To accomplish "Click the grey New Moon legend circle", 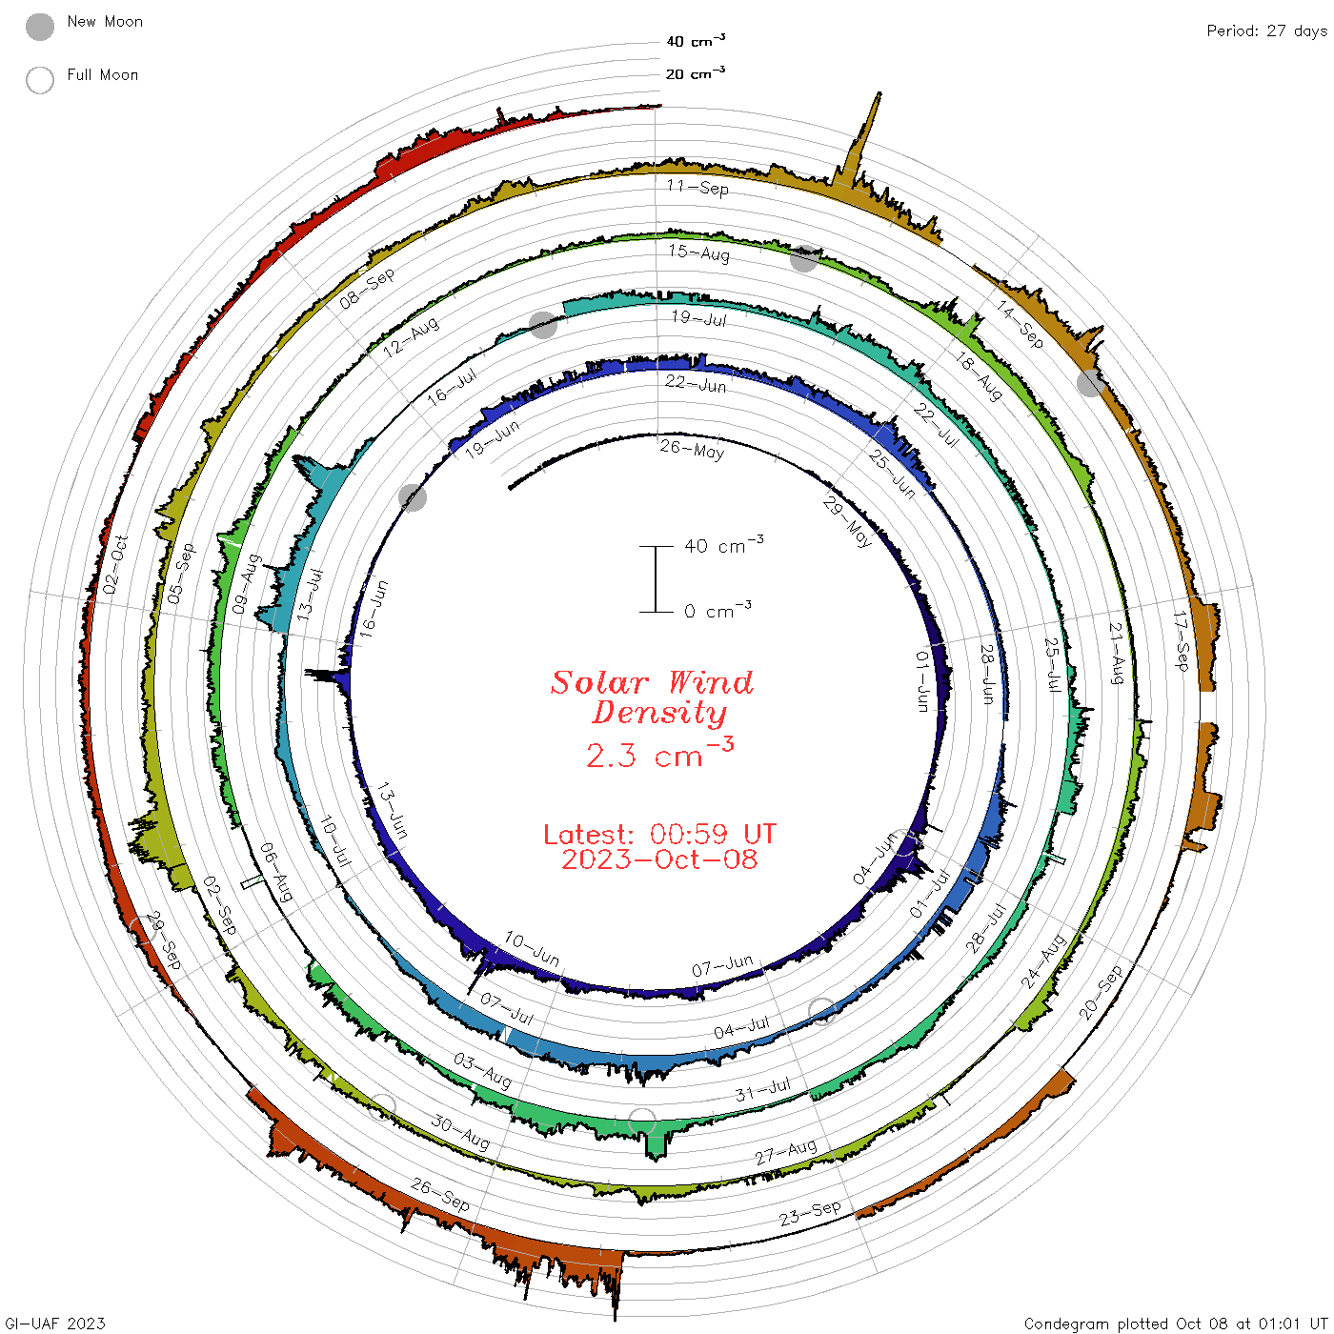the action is [39, 27].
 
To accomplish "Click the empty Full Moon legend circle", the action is [39, 80].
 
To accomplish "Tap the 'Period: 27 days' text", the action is [1266, 31].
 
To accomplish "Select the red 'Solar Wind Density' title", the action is [652, 697].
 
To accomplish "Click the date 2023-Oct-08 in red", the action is [659, 859].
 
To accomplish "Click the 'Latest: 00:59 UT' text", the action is [659, 834].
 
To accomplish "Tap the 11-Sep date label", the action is [697, 187].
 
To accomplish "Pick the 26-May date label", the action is [692, 450].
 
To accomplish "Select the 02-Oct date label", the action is [115, 564].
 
